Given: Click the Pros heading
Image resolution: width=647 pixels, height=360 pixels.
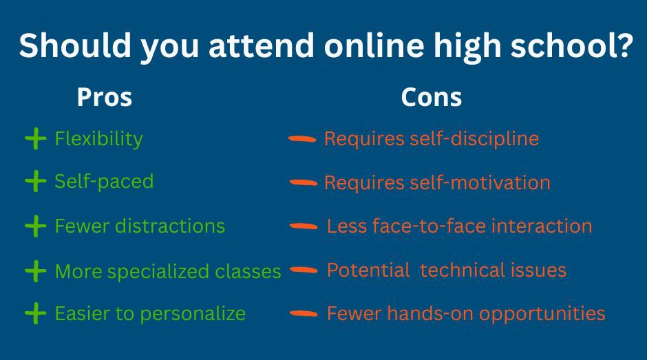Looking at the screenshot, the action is click(105, 98).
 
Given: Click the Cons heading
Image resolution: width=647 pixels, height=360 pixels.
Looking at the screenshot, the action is click(431, 98).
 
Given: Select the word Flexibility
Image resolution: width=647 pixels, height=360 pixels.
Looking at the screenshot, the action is click(98, 139).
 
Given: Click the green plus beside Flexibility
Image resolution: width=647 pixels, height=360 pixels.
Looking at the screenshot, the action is click(36, 139).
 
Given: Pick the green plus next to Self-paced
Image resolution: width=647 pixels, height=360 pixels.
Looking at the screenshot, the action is click(36, 181).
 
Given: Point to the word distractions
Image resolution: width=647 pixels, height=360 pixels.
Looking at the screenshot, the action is click(169, 226).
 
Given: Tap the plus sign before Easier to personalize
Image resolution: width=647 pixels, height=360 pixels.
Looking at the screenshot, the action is click(36, 313).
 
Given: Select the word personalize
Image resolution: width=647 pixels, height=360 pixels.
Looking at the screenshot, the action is click(193, 314).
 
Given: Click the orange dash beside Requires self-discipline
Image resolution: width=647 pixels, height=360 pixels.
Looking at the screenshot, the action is click(302, 139).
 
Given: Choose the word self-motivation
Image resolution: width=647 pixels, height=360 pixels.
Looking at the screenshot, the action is click(480, 182).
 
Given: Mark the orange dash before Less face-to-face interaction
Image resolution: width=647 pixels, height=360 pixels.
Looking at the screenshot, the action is click(304, 226).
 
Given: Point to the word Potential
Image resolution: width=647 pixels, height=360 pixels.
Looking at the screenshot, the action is click(368, 270).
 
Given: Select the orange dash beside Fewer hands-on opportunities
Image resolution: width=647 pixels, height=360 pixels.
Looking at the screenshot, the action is click(304, 314).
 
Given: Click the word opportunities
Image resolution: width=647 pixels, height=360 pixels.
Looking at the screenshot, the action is click(542, 314).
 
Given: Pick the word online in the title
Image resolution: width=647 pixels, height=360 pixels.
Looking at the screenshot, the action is click(374, 45).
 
